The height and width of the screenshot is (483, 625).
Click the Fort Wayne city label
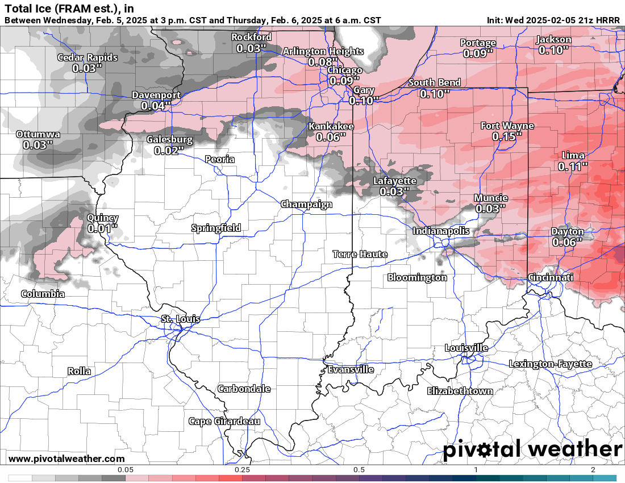(507, 126)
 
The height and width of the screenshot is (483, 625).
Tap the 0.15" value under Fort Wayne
(507, 137)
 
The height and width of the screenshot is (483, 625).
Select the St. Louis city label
(180, 319)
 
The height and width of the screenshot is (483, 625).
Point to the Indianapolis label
(441, 231)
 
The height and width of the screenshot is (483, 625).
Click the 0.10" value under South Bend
(435, 94)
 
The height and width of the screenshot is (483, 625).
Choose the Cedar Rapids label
(88, 57)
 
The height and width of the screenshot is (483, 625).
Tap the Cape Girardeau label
(224, 421)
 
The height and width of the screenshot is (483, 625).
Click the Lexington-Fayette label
(550, 364)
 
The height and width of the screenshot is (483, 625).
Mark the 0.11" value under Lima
(573, 166)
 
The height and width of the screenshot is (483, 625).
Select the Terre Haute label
(360, 254)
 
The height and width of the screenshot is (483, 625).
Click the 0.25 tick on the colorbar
(243, 470)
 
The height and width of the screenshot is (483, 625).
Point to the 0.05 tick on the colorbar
(126, 470)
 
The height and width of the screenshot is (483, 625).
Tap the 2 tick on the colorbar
(593, 470)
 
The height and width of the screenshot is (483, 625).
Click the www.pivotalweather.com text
(66, 459)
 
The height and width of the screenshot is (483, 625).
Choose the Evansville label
(351, 369)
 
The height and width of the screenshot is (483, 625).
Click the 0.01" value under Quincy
(102, 228)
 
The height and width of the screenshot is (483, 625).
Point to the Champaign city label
(306, 205)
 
